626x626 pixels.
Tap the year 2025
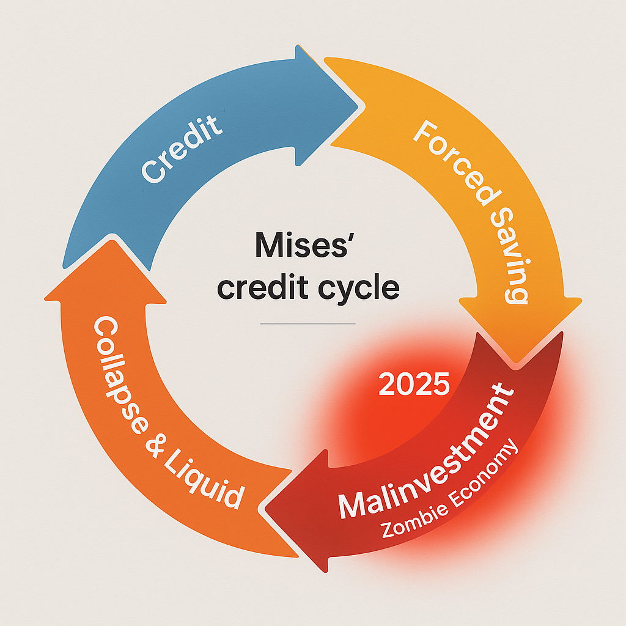coord(414,383)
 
